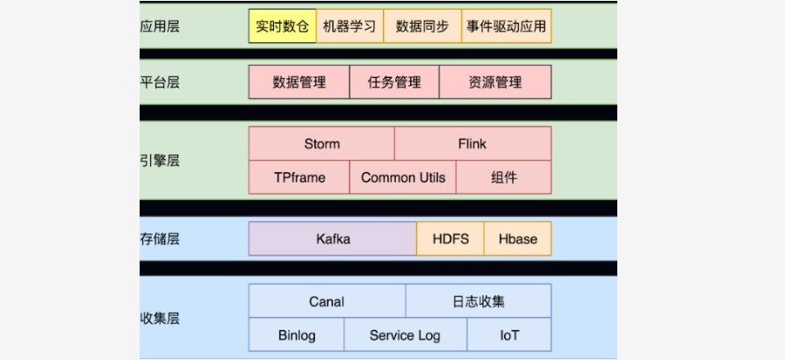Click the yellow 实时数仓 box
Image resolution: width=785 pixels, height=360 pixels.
[x=283, y=26]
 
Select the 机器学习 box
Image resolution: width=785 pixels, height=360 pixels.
[x=349, y=26]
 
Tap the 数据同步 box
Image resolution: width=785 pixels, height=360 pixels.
[x=422, y=26]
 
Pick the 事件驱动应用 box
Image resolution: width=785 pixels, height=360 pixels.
[x=506, y=26]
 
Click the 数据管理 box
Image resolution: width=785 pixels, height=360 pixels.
[x=299, y=83]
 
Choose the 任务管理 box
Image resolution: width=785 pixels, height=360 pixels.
[x=394, y=83]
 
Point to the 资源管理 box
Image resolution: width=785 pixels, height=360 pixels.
[x=495, y=83]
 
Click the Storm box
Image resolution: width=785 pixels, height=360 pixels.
[x=321, y=144]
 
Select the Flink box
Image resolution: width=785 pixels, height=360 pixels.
[x=472, y=144]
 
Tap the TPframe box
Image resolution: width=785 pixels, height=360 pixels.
[x=299, y=177]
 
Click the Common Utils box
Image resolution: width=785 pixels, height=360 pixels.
[x=402, y=177]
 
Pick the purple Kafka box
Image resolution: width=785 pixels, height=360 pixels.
[x=333, y=239]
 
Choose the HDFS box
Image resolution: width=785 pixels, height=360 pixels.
[x=450, y=239]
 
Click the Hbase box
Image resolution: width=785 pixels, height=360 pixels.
[x=518, y=239]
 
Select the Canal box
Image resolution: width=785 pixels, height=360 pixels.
[x=327, y=301]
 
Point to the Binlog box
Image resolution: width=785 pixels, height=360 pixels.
[x=297, y=335]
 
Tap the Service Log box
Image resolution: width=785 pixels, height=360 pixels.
[x=406, y=335]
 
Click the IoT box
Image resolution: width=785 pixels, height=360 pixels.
[x=509, y=335]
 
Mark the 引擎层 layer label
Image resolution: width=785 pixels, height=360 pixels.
[x=160, y=161]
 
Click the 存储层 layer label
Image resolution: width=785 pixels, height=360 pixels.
[x=160, y=239]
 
